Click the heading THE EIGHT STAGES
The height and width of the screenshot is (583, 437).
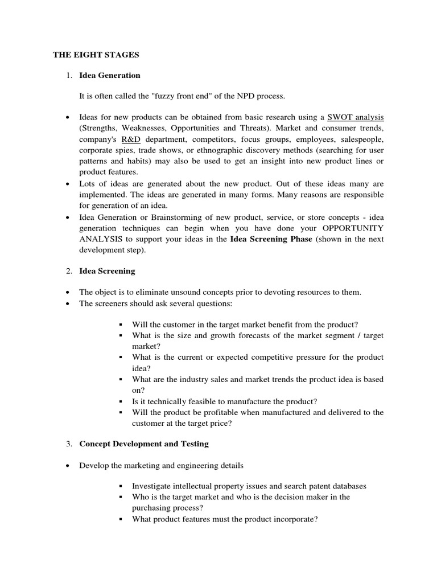(96, 55)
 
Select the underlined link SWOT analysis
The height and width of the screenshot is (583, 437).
(356, 117)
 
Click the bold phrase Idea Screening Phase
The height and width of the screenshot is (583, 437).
(271, 239)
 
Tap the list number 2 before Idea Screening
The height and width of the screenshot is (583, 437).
(68, 271)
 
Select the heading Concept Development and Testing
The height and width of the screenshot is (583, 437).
(144, 444)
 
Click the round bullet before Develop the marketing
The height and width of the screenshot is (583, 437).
(68, 465)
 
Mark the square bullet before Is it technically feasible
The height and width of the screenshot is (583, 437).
(121, 401)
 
